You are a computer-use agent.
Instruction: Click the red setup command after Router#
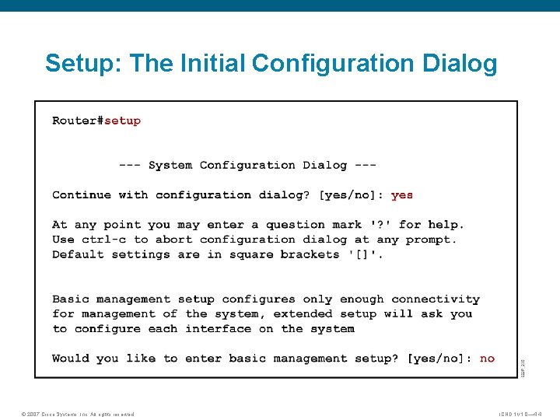tap(123, 121)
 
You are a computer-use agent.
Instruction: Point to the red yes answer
tap(402, 195)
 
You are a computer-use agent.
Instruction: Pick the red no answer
tap(487, 359)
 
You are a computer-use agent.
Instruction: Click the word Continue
tap(82, 195)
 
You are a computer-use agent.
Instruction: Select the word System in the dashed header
tap(170, 165)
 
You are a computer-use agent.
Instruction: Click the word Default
tap(78, 254)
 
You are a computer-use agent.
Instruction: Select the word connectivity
tap(436, 299)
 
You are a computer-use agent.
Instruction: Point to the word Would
tap(71, 359)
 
